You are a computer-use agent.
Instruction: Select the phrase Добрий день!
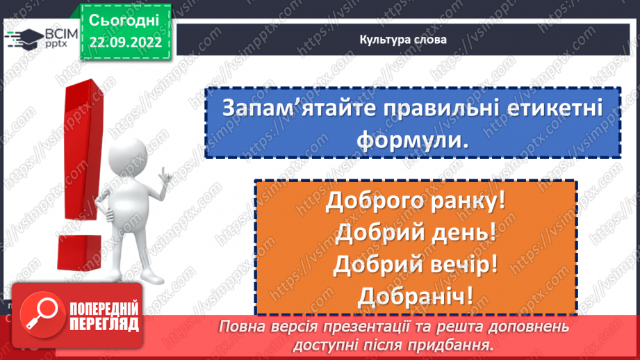pos(416,233)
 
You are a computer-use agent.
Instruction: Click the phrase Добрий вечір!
pos(416,265)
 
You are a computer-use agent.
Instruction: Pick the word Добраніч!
pos(416,296)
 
